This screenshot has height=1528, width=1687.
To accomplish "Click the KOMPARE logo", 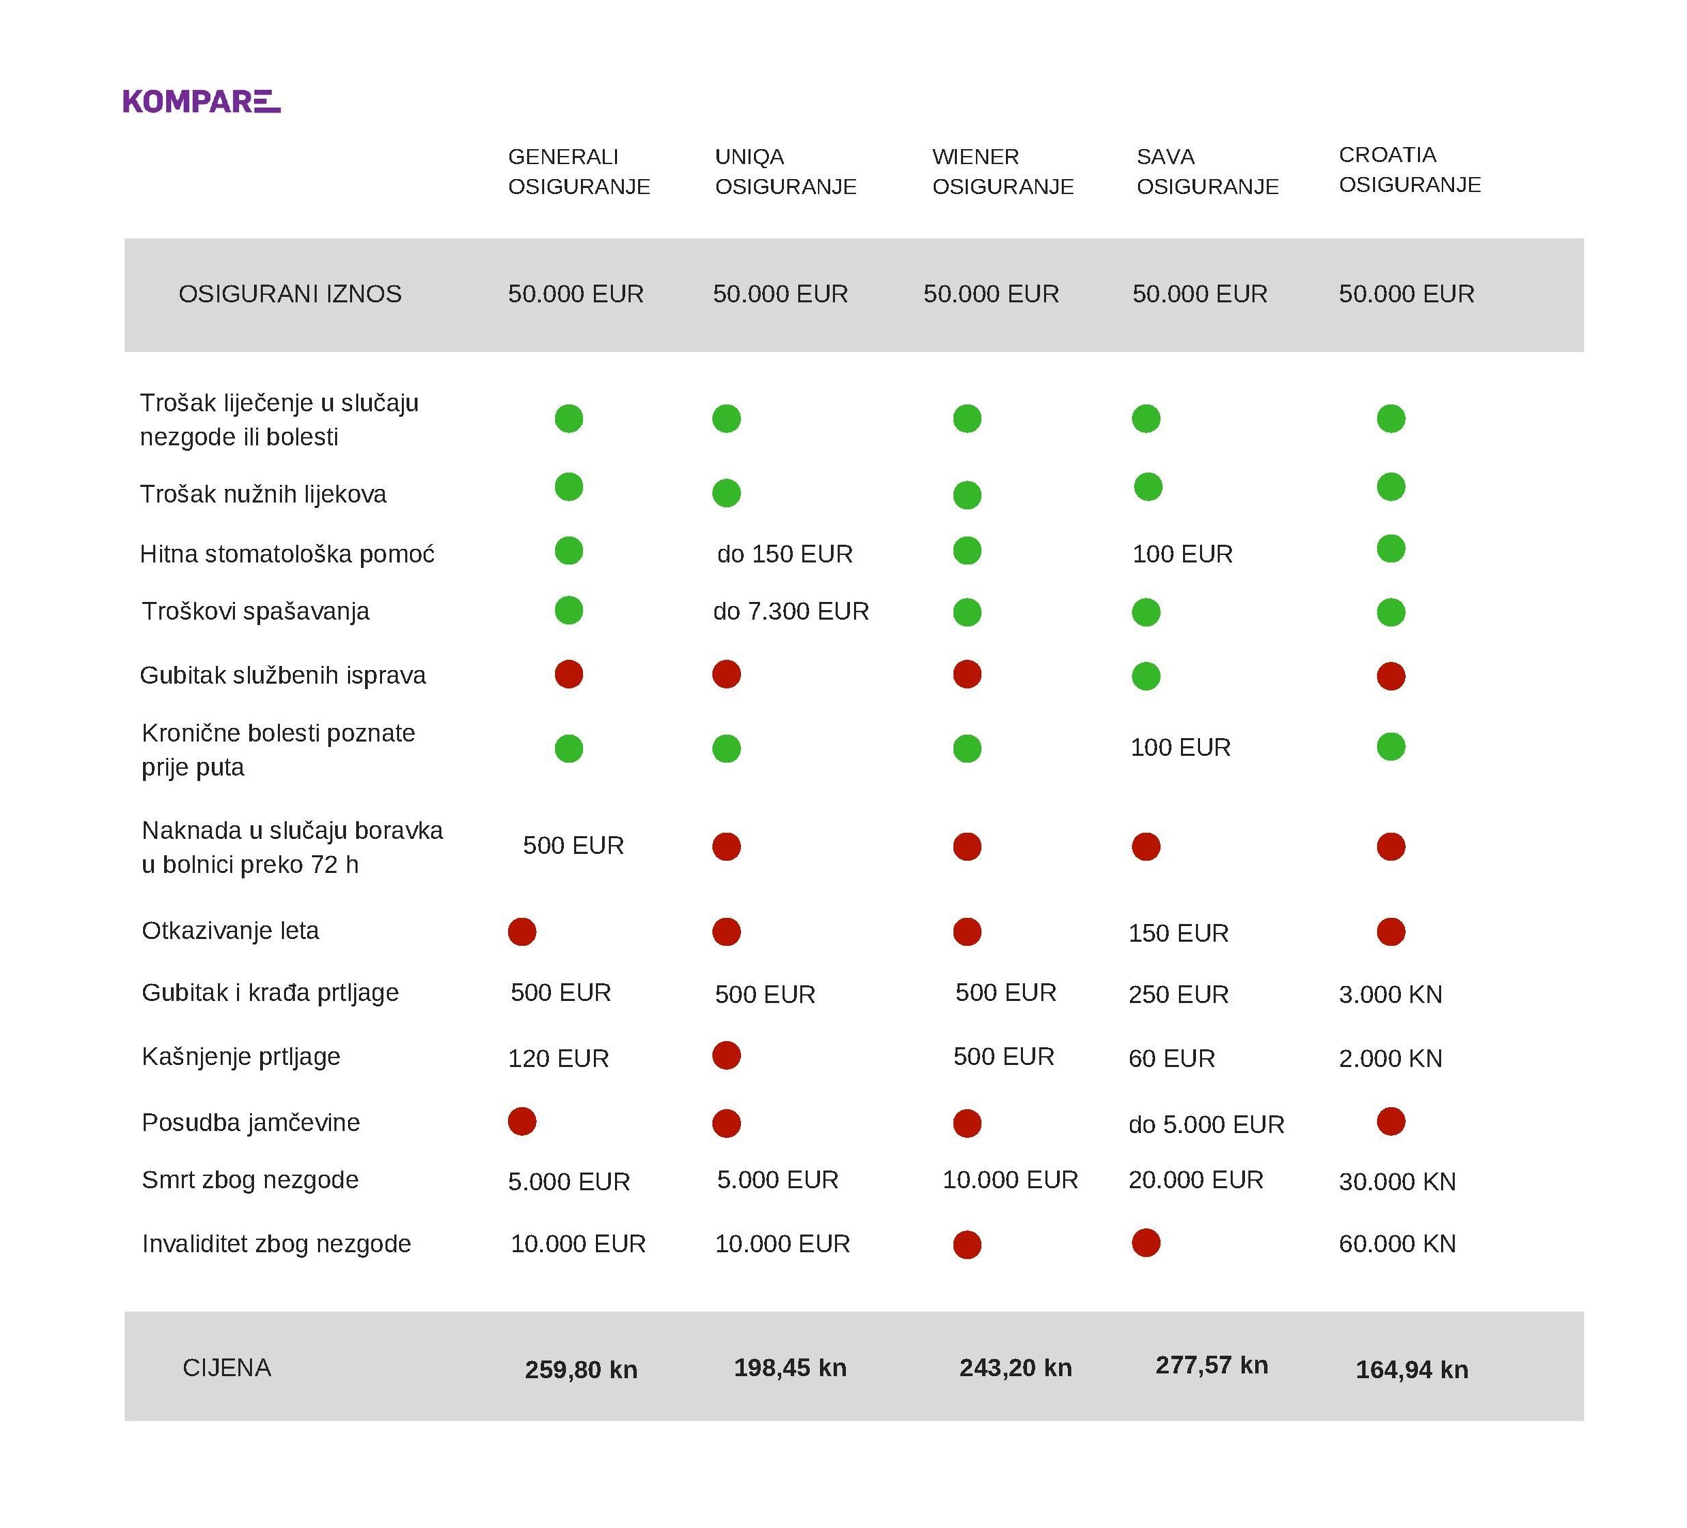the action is click(x=202, y=101).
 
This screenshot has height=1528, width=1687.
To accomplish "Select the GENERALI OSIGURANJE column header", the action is click(x=579, y=171).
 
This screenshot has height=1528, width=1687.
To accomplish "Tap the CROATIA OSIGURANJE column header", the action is click(x=1410, y=169).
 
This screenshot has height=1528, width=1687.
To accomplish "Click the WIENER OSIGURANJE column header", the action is click(x=1003, y=171).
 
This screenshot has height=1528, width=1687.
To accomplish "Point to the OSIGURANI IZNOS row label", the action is click(x=289, y=293).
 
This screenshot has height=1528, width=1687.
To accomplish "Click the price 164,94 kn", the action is click(x=1412, y=1370).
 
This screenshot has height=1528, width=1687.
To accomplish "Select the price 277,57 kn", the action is click(x=1212, y=1366).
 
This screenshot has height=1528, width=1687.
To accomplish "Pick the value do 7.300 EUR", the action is click(x=791, y=611).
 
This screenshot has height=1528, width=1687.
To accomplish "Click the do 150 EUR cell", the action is click(x=785, y=554).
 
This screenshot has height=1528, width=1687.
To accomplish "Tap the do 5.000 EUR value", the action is click(x=1206, y=1124).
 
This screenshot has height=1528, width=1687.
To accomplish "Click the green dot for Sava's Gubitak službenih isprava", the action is click(x=1146, y=676).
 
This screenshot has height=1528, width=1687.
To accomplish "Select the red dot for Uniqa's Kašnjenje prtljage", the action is click(x=726, y=1055).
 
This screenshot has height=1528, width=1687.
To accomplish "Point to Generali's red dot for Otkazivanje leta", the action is click(x=522, y=932).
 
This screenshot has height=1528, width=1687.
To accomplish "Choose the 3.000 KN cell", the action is click(x=1391, y=994).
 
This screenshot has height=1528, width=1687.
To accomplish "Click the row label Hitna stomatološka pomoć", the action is click(x=287, y=554).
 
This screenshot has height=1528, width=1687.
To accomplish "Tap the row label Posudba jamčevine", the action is click(x=251, y=1122).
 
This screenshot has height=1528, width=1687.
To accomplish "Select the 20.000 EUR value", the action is click(x=1196, y=1180).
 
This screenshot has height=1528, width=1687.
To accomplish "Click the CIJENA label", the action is click(x=227, y=1367).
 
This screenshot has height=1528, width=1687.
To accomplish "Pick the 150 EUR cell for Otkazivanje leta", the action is click(x=1178, y=933).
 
